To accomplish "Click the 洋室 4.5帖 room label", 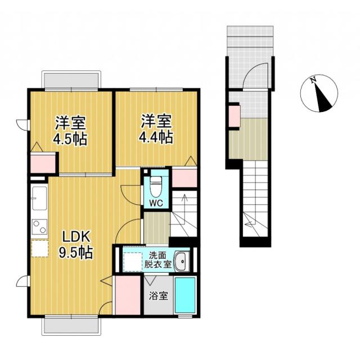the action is click(x=70, y=130).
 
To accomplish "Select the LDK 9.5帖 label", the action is click(x=76, y=245).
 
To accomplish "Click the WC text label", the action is click(x=156, y=203).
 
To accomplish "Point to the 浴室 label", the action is click(x=159, y=296).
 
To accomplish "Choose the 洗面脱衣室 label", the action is click(x=157, y=260).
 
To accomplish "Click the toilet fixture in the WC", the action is click(x=156, y=186).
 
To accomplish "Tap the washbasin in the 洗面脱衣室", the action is click(x=182, y=261).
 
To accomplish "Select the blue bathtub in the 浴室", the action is click(x=185, y=295).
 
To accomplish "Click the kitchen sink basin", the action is click(x=39, y=199).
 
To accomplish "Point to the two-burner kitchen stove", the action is click(x=39, y=227).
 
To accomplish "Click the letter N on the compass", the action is click(x=313, y=80).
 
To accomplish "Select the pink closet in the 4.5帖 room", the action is click(x=43, y=164).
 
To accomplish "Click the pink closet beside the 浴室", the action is click(x=128, y=295).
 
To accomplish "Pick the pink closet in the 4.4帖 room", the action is click(x=184, y=178).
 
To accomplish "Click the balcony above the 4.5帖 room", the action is click(x=71, y=80).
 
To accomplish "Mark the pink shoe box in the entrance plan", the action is click(x=235, y=116).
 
